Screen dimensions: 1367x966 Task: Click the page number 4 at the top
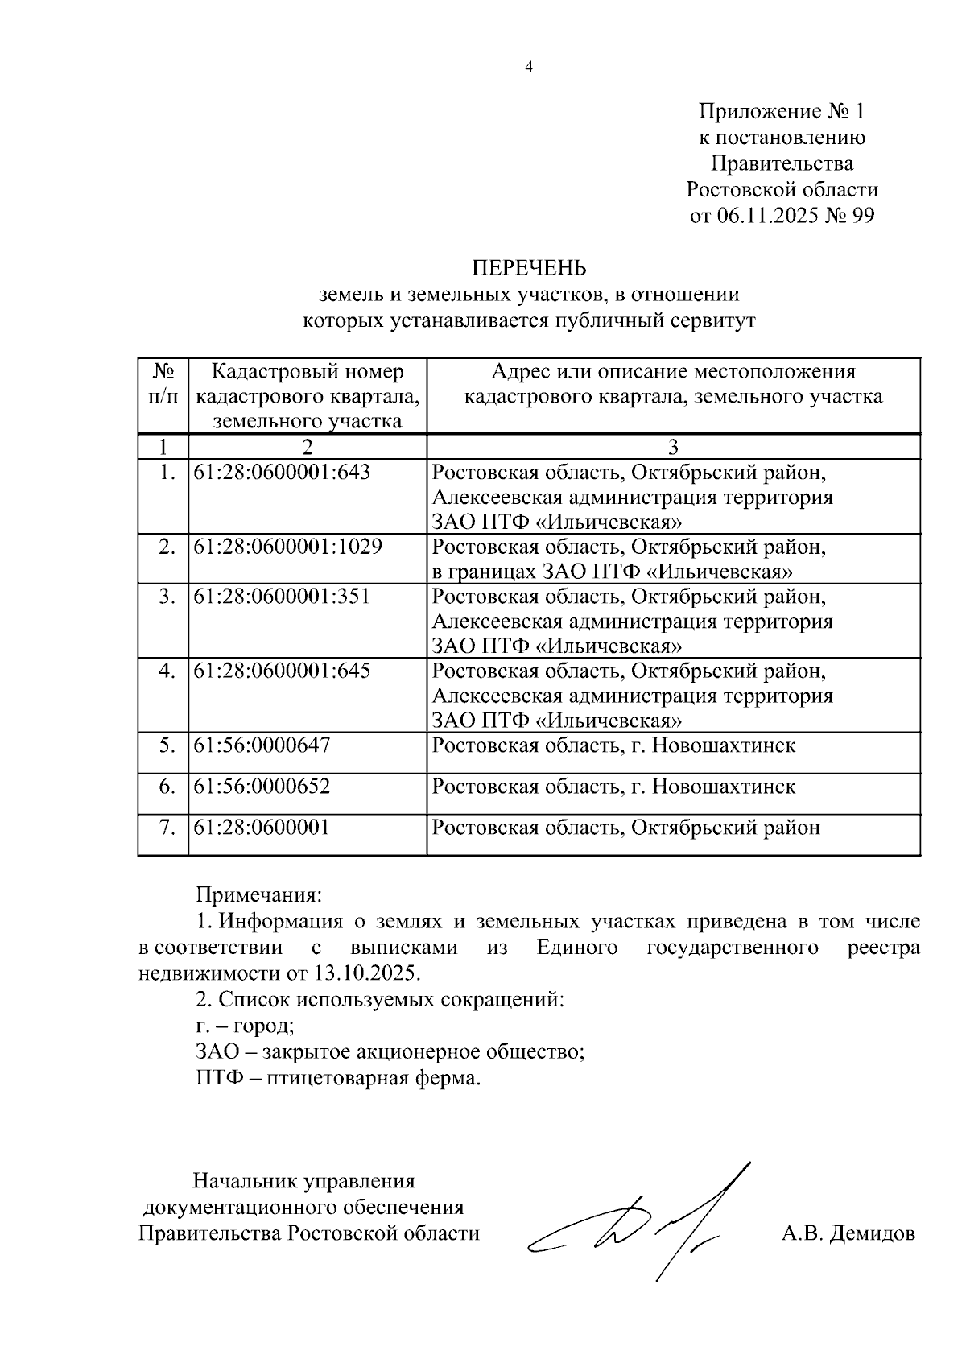529,68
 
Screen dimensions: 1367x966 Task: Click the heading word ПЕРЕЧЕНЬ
528,267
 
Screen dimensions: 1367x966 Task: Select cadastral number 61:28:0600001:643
282,473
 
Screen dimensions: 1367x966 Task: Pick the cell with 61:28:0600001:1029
287,547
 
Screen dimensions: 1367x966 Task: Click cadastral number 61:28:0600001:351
282,597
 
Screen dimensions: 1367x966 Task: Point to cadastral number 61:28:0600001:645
282,671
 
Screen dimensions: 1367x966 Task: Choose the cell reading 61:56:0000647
262,745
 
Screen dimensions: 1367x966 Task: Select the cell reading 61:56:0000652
262,787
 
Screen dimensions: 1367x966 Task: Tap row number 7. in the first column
166,828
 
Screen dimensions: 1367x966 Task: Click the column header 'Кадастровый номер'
307,372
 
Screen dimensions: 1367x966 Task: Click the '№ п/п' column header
163,384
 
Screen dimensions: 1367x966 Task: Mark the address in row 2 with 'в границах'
612,572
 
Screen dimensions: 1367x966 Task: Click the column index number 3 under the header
673,447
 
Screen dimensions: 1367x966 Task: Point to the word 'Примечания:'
259,895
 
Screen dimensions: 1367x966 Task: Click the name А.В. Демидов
848,1233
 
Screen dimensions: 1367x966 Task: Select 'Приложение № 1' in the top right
781,111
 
